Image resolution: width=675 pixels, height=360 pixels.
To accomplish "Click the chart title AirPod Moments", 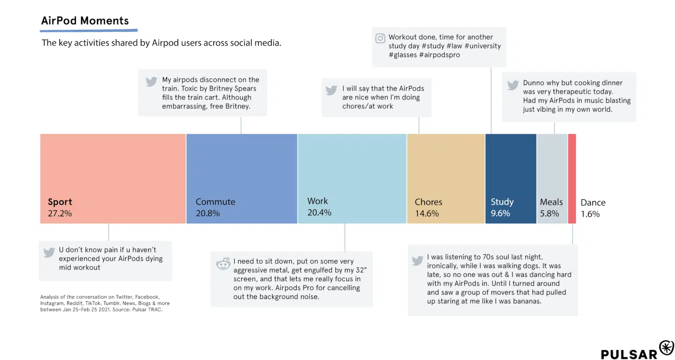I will pos(85,21).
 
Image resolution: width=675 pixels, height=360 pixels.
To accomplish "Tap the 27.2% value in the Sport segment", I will pos(60,213).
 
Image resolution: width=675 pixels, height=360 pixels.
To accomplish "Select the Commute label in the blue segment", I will pos(215,202).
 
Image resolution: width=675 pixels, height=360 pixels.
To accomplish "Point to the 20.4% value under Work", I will pos(319,212).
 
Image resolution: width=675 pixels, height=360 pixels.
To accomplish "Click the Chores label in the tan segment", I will pos(428,202).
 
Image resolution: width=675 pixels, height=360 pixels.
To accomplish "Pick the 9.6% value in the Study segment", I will pos(501,213).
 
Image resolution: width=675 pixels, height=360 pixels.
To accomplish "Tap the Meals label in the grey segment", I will pos(551,202).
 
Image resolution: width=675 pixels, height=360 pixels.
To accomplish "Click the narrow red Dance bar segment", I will pos(572,179).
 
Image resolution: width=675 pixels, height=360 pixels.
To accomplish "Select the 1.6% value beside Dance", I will pos(590,214).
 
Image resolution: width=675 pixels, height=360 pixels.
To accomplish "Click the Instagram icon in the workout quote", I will pos(380,39).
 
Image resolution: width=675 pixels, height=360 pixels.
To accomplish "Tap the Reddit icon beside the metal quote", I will pos(223,263).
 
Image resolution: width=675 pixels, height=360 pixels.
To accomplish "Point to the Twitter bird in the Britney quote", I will pos(151,82).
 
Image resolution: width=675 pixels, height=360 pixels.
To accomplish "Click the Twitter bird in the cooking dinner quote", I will pos(513,85).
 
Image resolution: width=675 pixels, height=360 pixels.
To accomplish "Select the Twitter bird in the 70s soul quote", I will pos(417,260).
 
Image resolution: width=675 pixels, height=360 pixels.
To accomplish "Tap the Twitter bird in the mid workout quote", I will pos(49,252).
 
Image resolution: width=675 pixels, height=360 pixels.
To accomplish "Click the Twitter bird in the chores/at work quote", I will pos(331,90).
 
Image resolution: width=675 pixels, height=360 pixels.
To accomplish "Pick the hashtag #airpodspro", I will pos(439,55).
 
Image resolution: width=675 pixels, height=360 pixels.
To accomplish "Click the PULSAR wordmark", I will pos(629,354).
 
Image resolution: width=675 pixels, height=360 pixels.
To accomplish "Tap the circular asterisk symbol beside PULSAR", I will pos(666,347).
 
